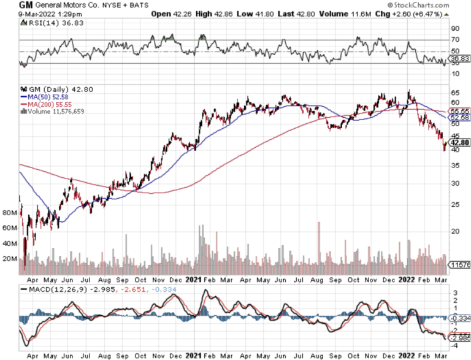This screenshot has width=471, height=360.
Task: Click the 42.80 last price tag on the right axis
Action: coord(460,142)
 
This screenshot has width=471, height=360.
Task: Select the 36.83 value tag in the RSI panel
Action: coord(460,58)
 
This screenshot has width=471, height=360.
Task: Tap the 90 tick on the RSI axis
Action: coord(456,28)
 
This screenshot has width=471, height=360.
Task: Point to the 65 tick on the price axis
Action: coord(456,93)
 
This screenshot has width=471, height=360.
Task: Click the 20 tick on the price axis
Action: coord(456,231)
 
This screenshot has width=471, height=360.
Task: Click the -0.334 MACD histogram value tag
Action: coord(460,318)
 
